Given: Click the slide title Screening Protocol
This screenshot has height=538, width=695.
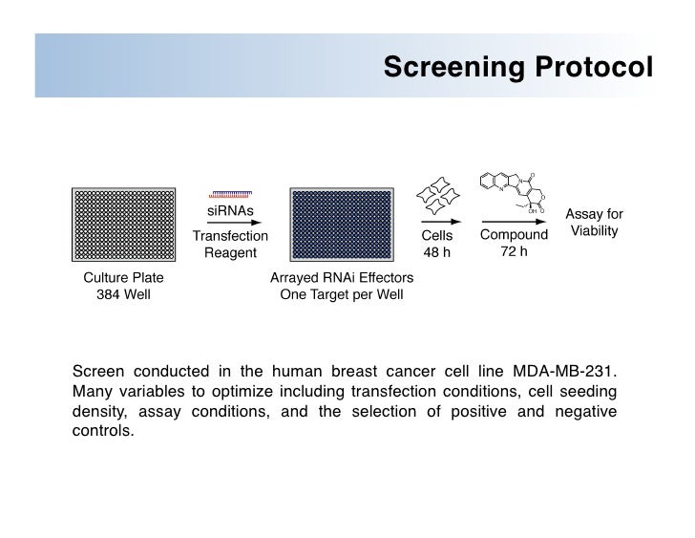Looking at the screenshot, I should click(516, 68).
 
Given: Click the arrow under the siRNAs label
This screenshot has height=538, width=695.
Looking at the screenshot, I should click(230, 223).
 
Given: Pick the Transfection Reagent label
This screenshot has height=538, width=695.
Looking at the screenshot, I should click(230, 245).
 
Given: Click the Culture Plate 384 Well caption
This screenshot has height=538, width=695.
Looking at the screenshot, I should click(123, 287).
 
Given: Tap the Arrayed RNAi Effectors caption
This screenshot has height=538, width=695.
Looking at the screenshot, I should click(342, 287).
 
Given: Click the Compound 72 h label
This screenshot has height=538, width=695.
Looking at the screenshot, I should click(515, 245).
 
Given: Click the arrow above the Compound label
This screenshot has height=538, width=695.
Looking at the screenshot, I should click(514, 223).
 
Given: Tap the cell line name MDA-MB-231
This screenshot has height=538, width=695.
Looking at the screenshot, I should click(567, 370).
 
